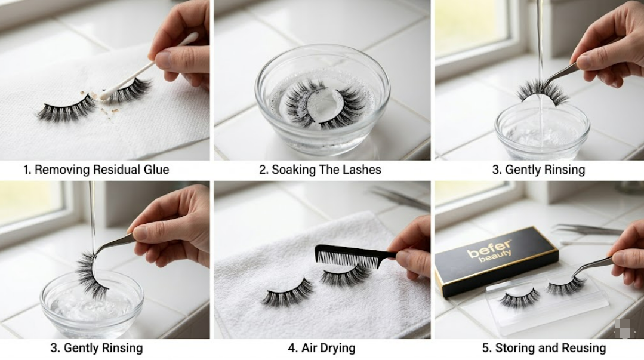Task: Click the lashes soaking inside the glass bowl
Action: click(x=323, y=104)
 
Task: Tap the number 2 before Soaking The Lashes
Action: click(x=262, y=170)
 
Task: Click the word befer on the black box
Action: click(x=489, y=250)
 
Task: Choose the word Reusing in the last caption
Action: click(x=583, y=348)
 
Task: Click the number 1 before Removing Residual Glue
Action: click(x=26, y=170)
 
